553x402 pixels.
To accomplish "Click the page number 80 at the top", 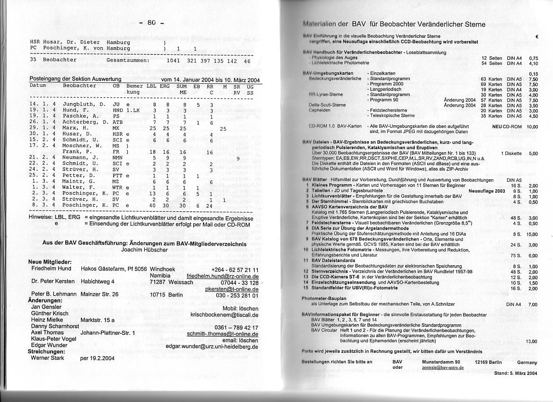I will point(151,22).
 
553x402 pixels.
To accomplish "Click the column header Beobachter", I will point(79,86).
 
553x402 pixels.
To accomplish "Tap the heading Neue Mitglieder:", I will point(50,262).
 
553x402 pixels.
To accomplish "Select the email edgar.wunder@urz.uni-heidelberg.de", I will point(212,346).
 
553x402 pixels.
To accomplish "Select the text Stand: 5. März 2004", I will point(516,373).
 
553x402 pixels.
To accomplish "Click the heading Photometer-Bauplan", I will point(324,298).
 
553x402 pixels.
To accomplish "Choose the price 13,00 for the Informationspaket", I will point(531,341).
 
